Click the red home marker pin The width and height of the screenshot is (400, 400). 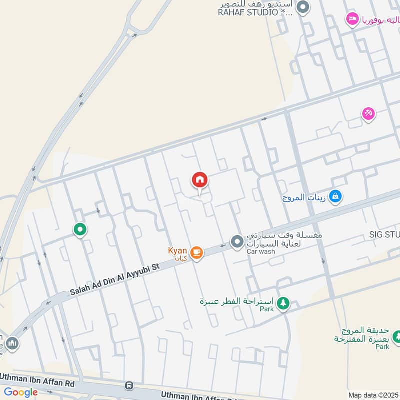(x=200, y=180)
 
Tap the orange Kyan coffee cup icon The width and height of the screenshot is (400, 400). (x=197, y=252)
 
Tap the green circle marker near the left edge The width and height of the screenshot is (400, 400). (x=80, y=229)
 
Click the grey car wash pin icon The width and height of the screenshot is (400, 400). (x=237, y=242)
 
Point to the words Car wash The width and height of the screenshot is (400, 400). (x=260, y=251)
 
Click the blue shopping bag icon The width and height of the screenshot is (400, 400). (x=336, y=196)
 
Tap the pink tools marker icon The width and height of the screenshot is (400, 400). (x=368, y=114)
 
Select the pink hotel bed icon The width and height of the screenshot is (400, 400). (x=352, y=19)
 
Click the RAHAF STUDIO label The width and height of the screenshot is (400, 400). (x=255, y=13)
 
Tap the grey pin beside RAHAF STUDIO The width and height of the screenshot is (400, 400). (x=302, y=7)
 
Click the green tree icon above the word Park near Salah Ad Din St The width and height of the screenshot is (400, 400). (x=283, y=303)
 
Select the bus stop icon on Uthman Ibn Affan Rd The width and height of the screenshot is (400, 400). (x=130, y=385)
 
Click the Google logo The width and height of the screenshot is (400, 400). (x=21, y=392)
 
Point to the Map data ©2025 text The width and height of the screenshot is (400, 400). (x=372, y=395)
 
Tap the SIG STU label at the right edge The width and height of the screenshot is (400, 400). (x=384, y=234)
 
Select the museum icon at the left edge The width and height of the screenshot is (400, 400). (x=12, y=344)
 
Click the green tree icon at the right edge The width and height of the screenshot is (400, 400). (x=396, y=336)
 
